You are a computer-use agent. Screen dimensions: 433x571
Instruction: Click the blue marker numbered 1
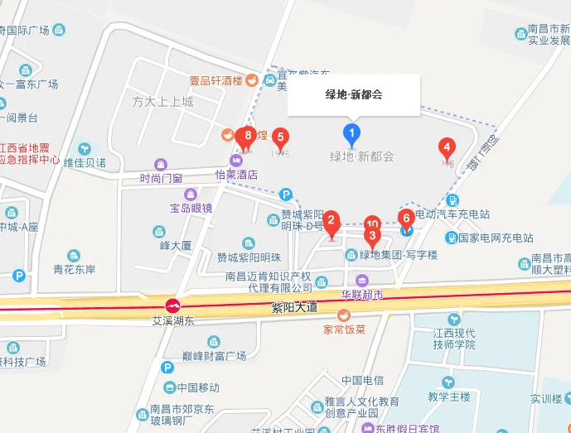click(x=352, y=133)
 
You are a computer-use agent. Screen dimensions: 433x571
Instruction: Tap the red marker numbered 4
click(x=447, y=149)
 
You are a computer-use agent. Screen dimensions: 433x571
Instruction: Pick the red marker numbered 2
click(x=331, y=222)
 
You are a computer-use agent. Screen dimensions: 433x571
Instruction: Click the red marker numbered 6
click(x=406, y=219)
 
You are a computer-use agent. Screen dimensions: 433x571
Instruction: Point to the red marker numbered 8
click(x=247, y=134)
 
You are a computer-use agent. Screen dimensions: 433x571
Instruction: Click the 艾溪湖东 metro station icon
click(x=174, y=306)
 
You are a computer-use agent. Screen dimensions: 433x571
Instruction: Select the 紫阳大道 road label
click(x=295, y=308)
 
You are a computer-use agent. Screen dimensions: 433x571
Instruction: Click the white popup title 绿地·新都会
click(x=353, y=94)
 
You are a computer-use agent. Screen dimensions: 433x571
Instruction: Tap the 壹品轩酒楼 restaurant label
click(x=215, y=80)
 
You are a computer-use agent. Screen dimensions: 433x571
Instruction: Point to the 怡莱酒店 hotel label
click(x=236, y=175)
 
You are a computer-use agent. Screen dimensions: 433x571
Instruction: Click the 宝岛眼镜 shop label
click(x=191, y=207)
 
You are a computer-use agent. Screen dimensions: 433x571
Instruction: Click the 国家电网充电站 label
click(x=496, y=238)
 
